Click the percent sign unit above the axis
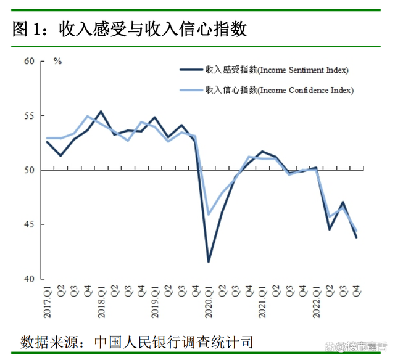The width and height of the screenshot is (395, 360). pyautogui.click(x=57, y=61)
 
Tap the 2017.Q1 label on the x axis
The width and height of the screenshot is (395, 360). pyautogui.click(x=48, y=302)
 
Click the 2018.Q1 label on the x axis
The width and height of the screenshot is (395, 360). pyautogui.click(x=101, y=302)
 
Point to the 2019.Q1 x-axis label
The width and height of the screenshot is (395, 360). pyautogui.click(x=155, y=302)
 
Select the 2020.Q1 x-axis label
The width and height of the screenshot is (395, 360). pyautogui.click(x=209, y=302)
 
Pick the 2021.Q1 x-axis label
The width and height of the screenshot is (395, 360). pyautogui.click(x=263, y=302)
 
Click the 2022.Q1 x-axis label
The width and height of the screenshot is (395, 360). pyautogui.click(x=317, y=302)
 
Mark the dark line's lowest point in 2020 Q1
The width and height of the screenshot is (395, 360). pyautogui.click(x=209, y=261)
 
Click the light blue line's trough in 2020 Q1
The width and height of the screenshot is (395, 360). pyautogui.click(x=209, y=214)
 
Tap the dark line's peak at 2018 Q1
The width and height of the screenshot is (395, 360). pyautogui.click(x=101, y=112)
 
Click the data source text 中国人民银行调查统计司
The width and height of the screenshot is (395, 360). pyautogui.click(x=174, y=341)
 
